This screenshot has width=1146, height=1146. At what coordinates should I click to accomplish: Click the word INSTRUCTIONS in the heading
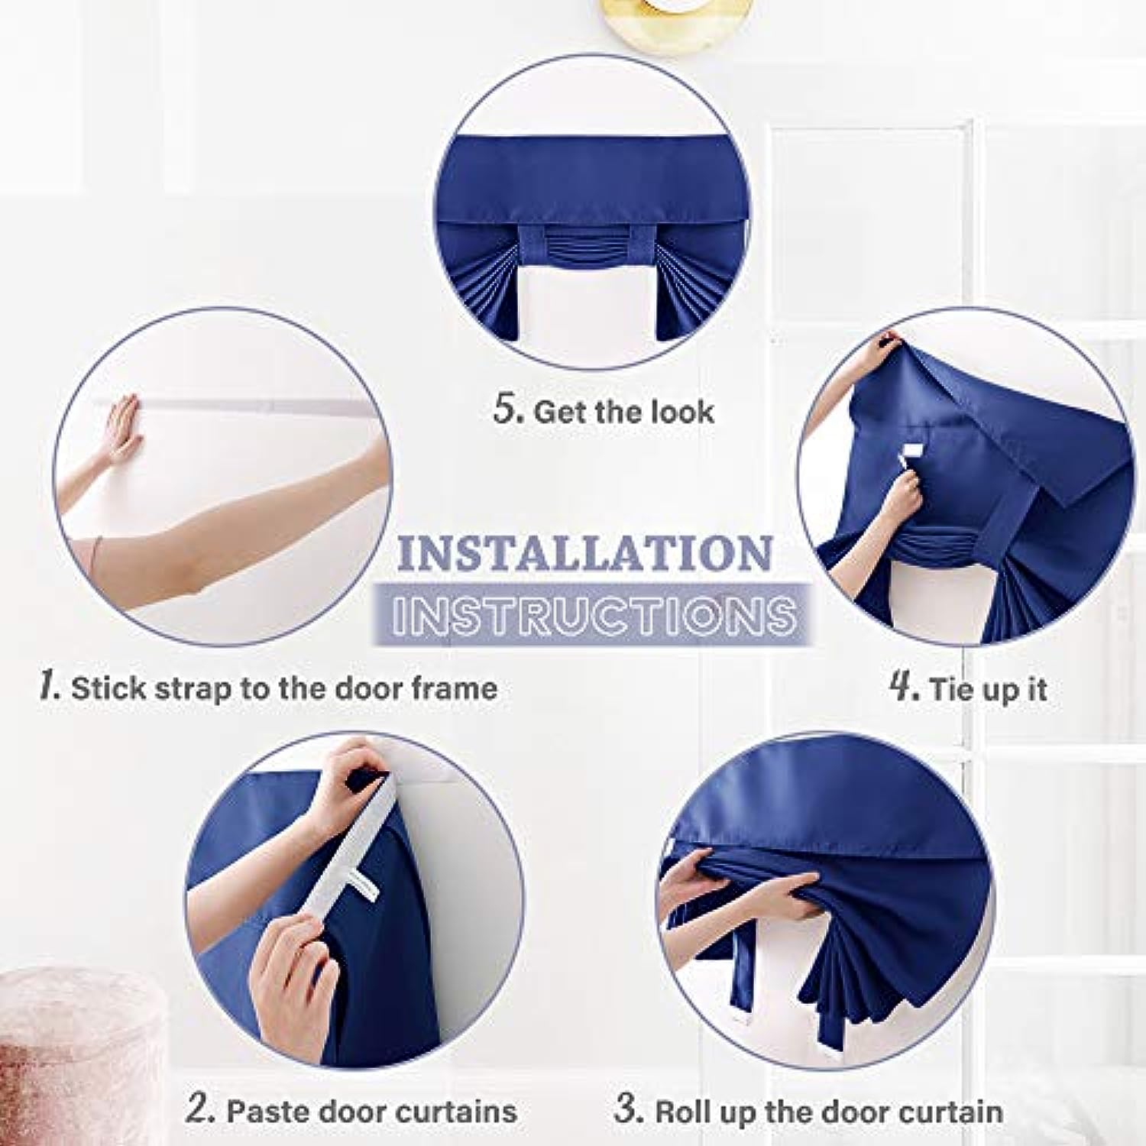[592, 614]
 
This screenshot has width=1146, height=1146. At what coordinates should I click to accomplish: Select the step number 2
[199, 1109]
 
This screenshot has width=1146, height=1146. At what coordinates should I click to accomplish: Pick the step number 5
[507, 409]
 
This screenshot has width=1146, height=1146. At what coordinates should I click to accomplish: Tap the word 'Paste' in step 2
[264, 1111]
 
